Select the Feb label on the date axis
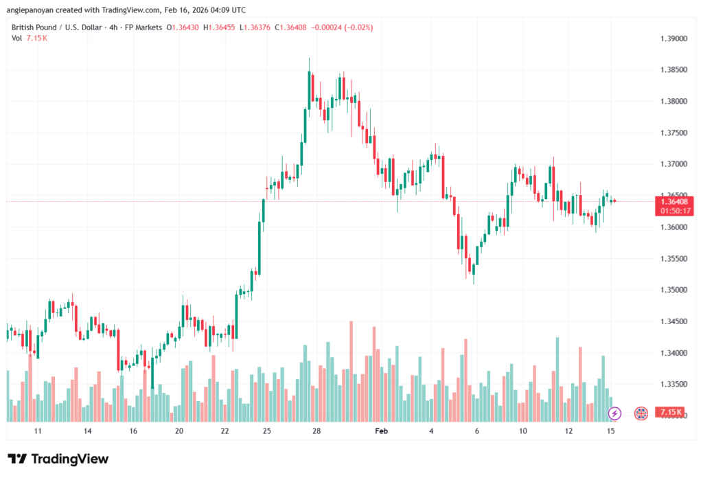(x=382, y=431)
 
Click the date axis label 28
(x=316, y=431)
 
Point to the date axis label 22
(x=224, y=431)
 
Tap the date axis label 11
(x=38, y=431)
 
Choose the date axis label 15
(x=610, y=431)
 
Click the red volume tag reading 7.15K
(x=669, y=412)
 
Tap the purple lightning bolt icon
(x=615, y=413)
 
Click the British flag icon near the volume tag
(x=641, y=413)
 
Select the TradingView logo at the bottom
(x=58, y=459)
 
